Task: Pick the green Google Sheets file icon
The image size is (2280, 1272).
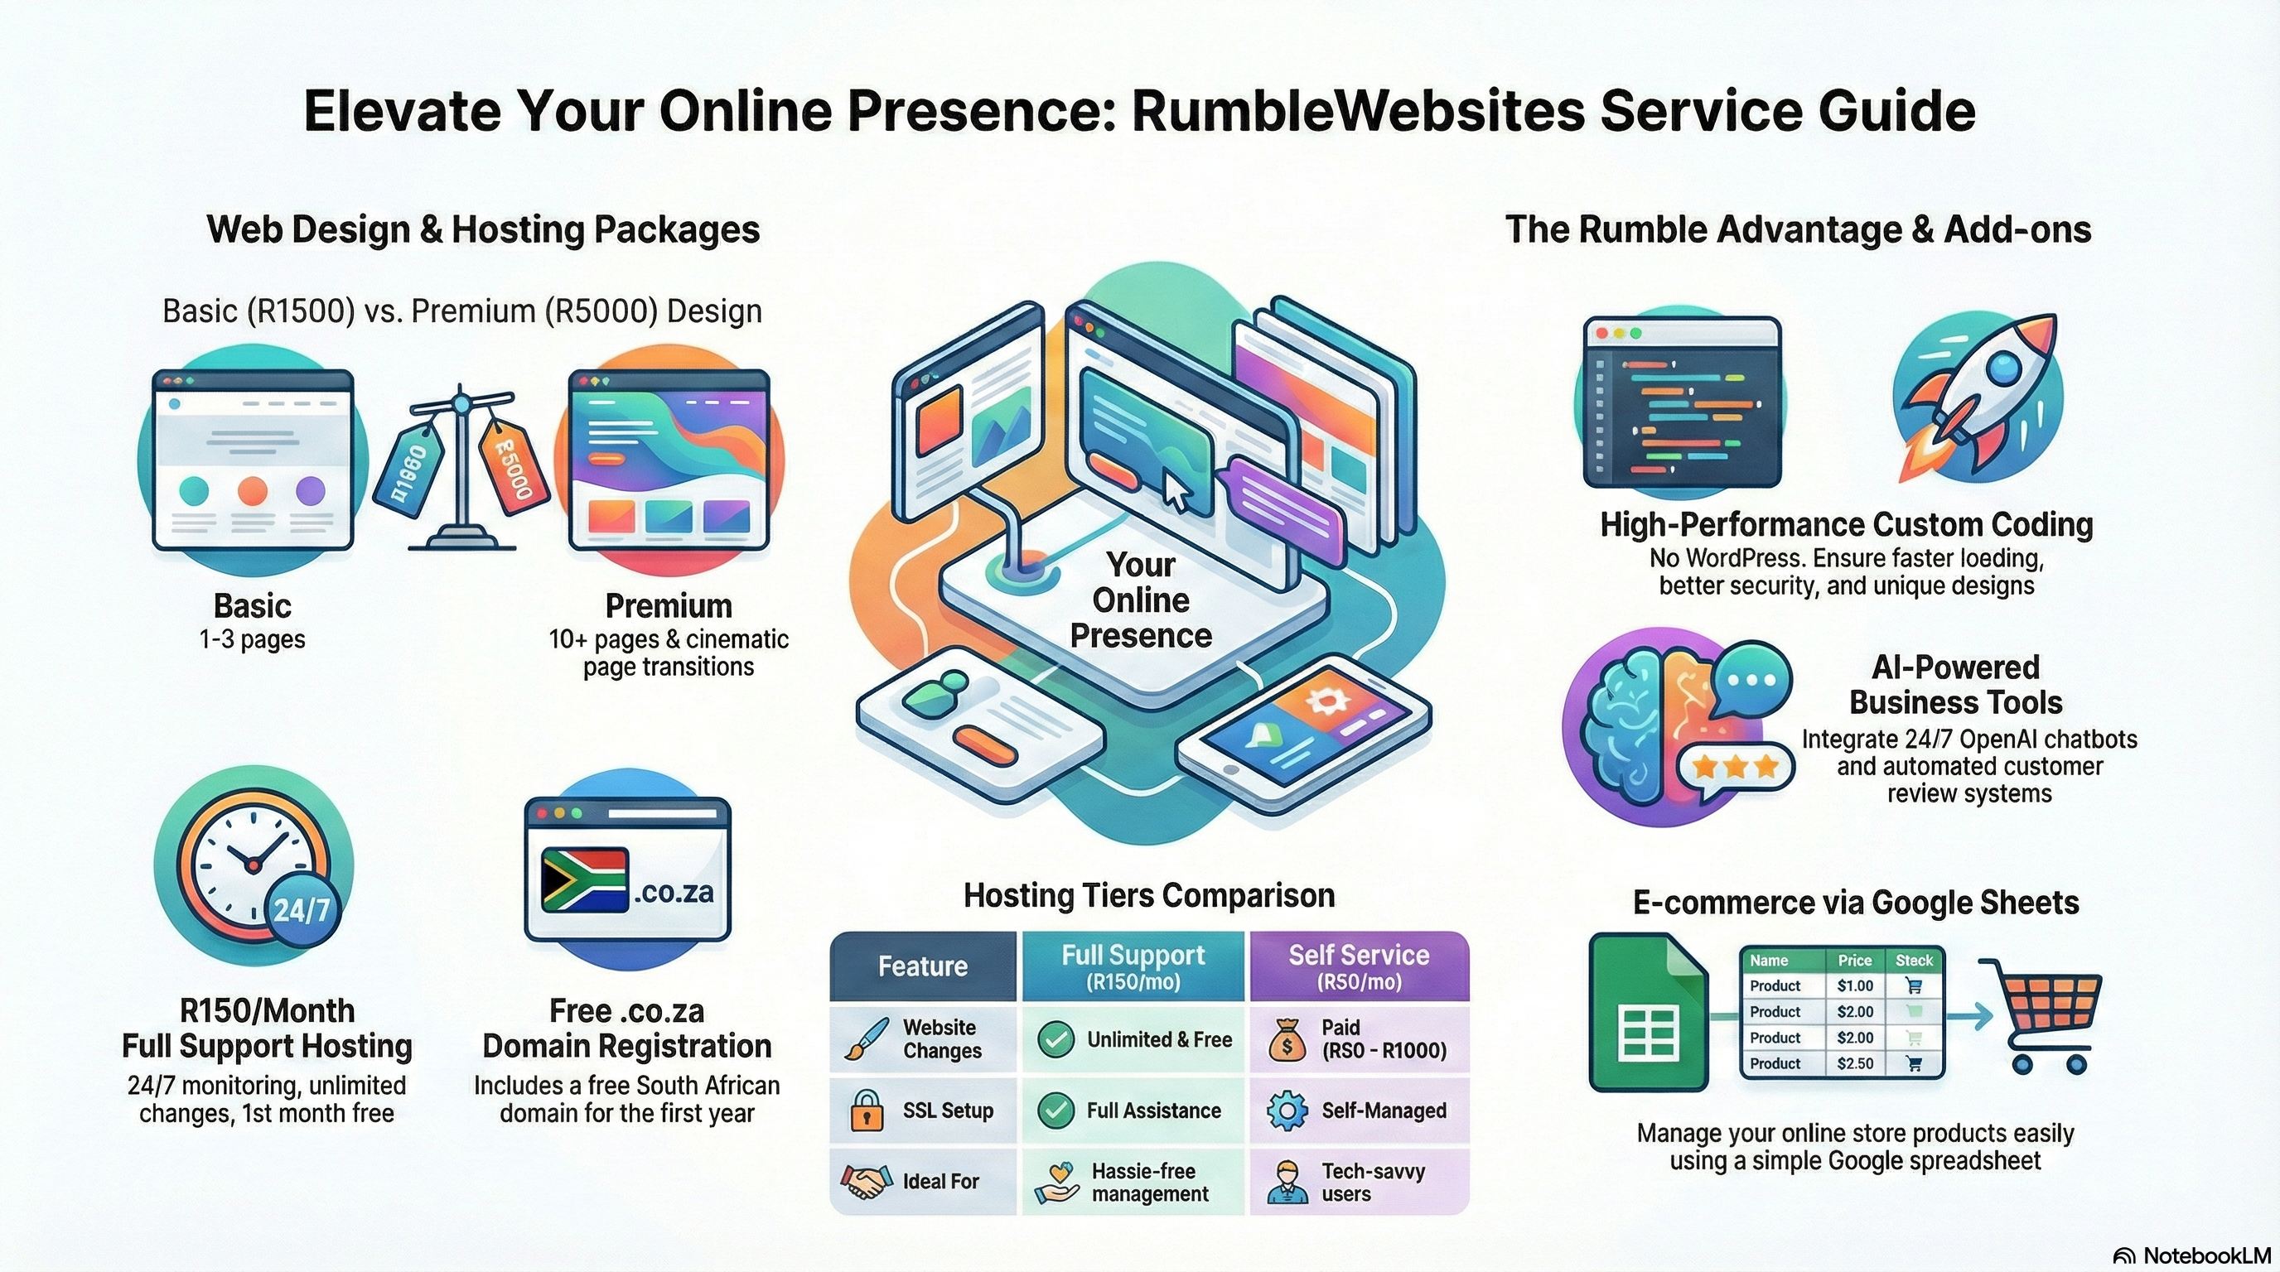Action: pos(1648,1013)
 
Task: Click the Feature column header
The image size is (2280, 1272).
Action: pos(922,966)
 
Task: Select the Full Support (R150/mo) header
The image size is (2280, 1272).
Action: pos(1133,966)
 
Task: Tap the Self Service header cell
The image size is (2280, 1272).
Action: pos(1359,966)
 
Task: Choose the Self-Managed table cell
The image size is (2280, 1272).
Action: pos(1360,1111)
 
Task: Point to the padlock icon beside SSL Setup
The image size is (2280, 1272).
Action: pos(867,1111)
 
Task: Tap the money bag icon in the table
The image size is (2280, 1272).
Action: pos(1287,1040)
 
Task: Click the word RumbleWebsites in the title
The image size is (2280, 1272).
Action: pos(1358,112)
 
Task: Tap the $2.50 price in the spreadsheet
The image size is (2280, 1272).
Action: pos(1854,1063)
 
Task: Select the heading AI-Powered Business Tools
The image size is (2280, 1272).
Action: pos(1955,685)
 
